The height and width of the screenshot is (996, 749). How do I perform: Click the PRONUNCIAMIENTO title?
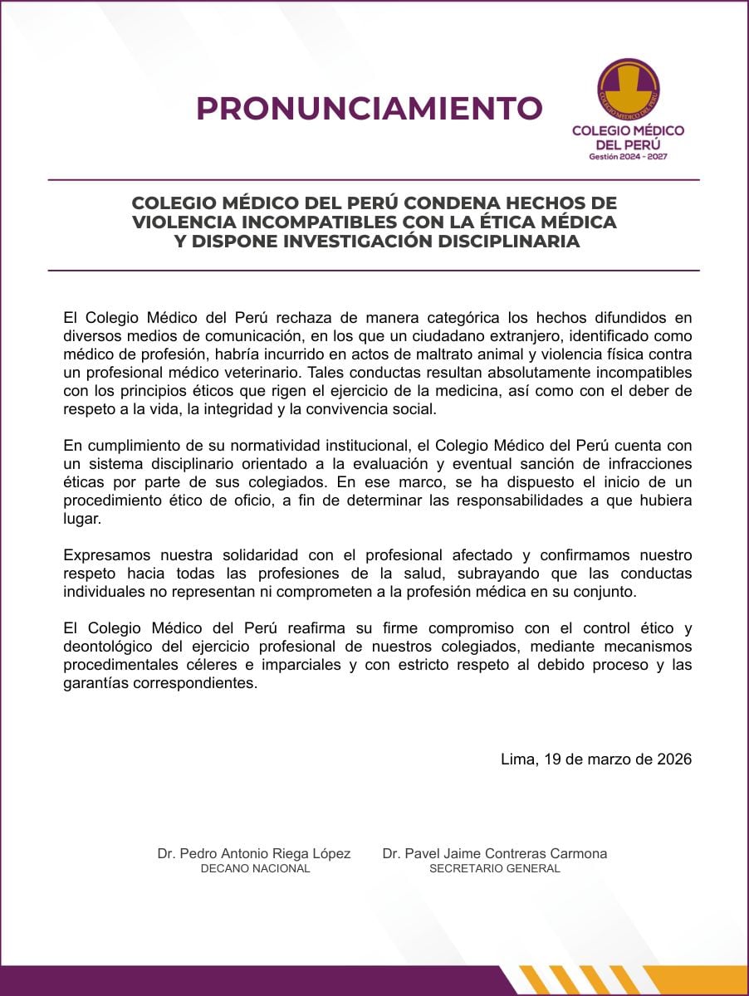click(x=370, y=109)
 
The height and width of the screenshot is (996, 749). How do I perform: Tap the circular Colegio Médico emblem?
click(x=629, y=90)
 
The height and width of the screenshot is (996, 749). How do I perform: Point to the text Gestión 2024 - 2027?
click(x=628, y=157)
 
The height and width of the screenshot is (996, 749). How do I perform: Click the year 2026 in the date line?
click(x=672, y=759)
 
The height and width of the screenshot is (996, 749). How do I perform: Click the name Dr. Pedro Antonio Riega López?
click(x=254, y=853)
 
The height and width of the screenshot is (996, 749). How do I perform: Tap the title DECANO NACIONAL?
click(x=256, y=868)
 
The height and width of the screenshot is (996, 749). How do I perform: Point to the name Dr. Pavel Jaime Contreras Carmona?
click(x=495, y=853)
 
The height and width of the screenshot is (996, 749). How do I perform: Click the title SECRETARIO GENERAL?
click(x=495, y=868)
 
